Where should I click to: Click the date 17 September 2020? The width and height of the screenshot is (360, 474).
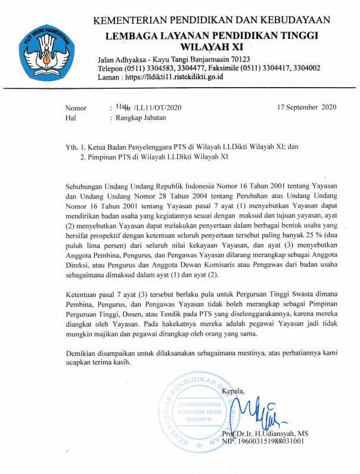(307, 107)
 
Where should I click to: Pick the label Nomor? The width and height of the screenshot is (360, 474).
(76, 109)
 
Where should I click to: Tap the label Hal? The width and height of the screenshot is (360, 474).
(70, 118)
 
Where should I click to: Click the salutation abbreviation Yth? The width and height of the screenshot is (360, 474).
(72, 147)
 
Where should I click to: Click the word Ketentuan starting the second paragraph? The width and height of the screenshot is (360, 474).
(84, 297)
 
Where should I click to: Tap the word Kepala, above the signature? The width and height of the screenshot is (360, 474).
(234, 391)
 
